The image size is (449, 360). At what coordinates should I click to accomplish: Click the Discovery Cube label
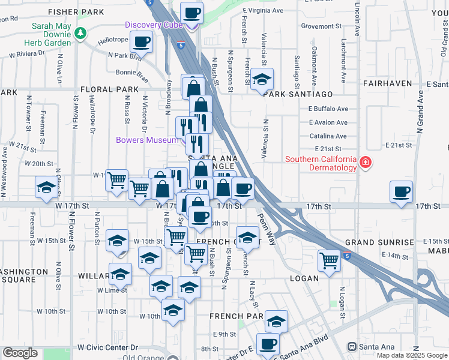(x=154, y=24)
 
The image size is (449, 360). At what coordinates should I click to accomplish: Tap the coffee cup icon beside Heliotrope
(x=141, y=42)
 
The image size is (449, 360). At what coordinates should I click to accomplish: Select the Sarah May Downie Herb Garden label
(x=47, y=35)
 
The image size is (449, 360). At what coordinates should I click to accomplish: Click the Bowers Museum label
(x=146, y=140)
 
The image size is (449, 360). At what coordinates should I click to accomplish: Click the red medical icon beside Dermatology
(x=364, y=163)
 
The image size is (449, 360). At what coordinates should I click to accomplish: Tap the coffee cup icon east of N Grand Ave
(x=401, y=191)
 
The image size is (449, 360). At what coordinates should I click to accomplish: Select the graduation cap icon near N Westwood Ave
(x=47, y=187)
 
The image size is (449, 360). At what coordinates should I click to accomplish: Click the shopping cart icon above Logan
(x=329, y=260)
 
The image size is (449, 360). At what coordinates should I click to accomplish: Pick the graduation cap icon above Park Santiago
(x=262, y=79)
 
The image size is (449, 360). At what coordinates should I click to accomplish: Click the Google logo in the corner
(x=20, y=353)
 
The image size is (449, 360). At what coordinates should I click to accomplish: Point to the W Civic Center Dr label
(x=107, y=347)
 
